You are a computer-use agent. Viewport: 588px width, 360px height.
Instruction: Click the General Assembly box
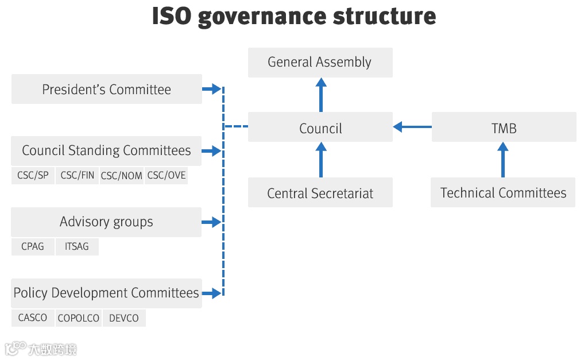tap(320, 62)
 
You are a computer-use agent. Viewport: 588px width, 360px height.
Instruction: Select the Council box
tap(320, 127)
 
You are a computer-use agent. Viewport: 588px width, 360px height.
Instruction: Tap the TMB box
tap(504, 127)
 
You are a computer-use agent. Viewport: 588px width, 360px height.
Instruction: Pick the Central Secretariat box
tap(320, 193)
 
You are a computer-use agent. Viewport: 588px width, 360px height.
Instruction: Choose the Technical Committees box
tap(503, 193)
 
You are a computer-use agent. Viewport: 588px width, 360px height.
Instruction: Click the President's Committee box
tap(106, 89)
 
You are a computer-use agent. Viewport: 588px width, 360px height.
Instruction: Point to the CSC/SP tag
tap(33, 176)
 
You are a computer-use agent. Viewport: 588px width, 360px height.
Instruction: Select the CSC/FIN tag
tap(78, 176)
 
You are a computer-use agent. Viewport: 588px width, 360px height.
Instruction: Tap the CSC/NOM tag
tap(122, 176)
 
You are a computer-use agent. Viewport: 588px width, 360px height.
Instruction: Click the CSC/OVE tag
tap(167, 176)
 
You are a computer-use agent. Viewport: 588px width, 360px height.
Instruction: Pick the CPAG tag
tap(33, 246)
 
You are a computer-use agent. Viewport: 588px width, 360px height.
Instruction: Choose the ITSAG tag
tap(77, 246)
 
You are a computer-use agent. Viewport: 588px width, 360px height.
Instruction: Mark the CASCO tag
tap(33, 318)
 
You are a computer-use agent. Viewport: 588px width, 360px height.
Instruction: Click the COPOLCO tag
tap(78, 318)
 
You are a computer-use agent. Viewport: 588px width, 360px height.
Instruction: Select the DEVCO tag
tap(124, 318)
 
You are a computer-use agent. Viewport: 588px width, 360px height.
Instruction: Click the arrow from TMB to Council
tap(412, 127)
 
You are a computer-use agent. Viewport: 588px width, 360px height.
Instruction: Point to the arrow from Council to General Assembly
tap(320, 95)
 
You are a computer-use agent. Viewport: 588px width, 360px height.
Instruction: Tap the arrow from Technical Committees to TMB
tap(503, 160)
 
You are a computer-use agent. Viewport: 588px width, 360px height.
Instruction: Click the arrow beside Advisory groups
tap(211, 222)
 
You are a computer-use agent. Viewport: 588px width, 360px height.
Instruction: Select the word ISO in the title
tap(172, 16)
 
